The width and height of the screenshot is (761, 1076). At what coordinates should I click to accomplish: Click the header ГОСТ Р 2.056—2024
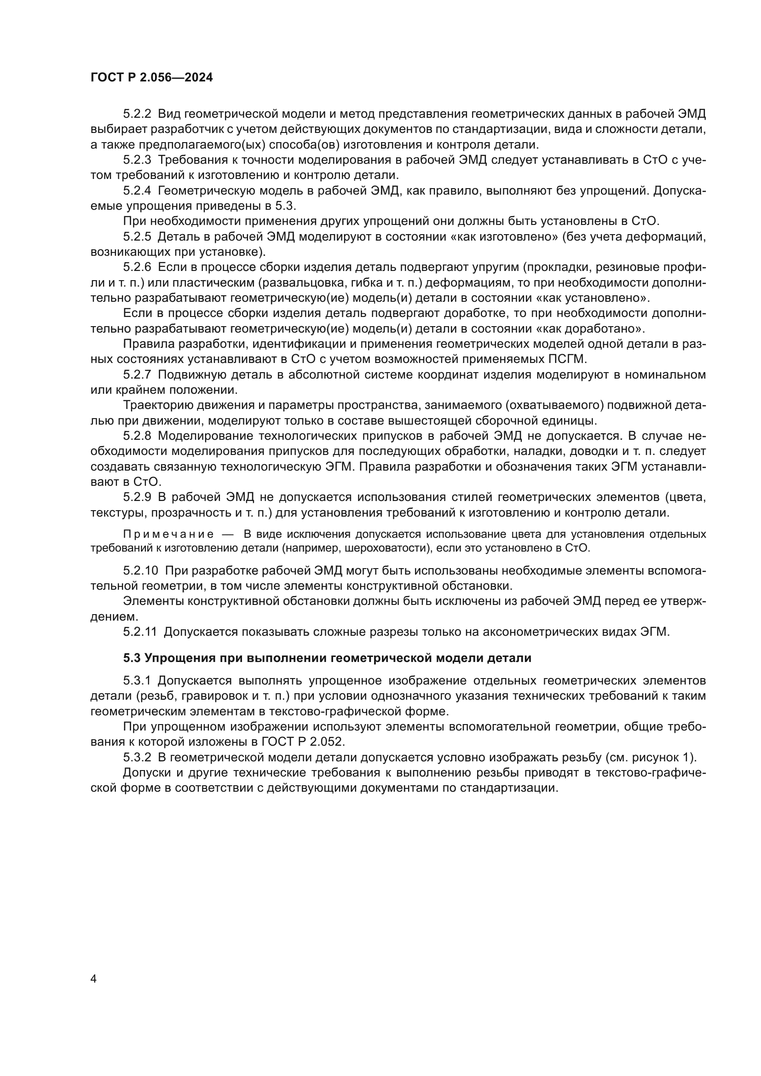tap(151, 77)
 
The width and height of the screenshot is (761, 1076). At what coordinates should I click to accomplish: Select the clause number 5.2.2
tap(137, 114)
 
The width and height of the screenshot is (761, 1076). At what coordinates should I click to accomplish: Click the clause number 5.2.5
tap(137, 236)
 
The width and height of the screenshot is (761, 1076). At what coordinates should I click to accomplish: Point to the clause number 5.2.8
tap(137, 436)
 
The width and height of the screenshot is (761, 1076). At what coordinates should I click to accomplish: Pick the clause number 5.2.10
tap(141, 571)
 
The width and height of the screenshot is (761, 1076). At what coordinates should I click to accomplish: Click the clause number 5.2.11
tap(140, 632)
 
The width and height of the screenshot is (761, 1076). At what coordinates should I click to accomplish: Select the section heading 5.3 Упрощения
tap(327, 658)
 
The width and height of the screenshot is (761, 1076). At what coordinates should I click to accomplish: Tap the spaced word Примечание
tap(168, 534)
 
